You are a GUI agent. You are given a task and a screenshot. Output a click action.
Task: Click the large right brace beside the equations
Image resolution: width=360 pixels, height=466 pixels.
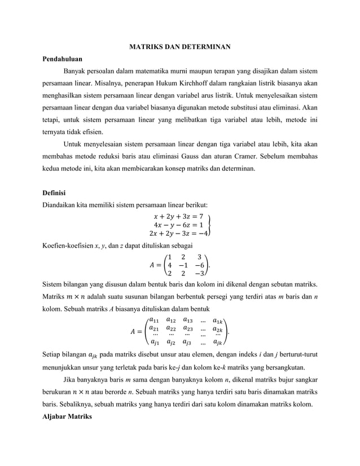(x=210, y=225)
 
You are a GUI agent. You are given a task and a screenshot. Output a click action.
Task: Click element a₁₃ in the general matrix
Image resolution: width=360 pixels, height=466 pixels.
(x=188, y=320)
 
